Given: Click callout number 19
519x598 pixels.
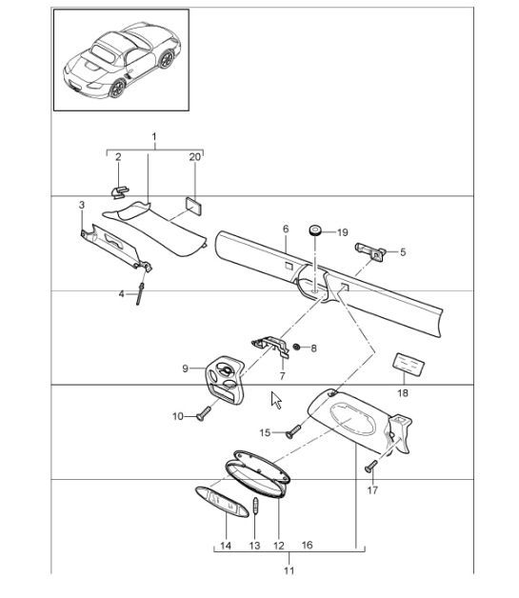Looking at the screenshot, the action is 343,232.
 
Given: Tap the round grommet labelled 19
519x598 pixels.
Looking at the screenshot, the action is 314,230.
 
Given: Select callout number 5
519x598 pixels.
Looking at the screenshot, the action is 403,252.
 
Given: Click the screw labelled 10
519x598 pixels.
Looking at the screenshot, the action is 203,413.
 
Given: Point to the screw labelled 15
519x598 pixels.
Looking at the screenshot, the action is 293,431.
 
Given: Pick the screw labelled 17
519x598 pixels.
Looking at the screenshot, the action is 371,466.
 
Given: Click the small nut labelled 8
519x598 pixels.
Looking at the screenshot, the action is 295,347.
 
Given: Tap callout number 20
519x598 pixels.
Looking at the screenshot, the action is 194,157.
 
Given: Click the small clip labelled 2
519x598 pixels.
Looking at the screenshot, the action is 120,191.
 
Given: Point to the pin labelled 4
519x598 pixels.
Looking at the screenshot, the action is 140,293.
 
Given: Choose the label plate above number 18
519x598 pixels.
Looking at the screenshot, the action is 409,364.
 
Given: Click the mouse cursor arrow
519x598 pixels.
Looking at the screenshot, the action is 276,400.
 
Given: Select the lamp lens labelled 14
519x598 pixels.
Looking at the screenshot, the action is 222,502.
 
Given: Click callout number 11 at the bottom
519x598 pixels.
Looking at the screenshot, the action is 289,570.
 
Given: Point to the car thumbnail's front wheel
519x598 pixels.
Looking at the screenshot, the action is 117,88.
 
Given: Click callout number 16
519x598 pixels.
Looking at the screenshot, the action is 307,545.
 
